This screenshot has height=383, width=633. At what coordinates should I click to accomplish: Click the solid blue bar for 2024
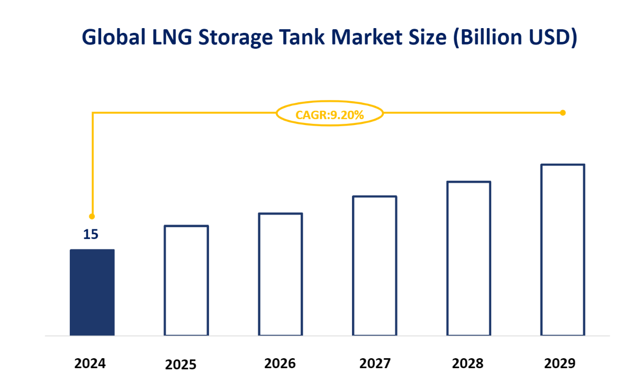coord(92,292)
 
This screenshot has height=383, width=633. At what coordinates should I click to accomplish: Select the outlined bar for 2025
coord(186,281)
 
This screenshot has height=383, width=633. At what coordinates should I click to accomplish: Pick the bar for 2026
coord(281,274)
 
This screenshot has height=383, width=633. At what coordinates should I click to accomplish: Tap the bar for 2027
coord(375,266)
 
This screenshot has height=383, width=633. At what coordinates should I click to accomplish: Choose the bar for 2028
coord(469,259)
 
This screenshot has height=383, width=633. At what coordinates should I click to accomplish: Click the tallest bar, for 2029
coord(563,250)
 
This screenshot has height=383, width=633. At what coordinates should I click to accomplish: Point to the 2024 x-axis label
coord(90,364)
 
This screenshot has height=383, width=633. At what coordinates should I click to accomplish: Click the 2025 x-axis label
coord(180,365)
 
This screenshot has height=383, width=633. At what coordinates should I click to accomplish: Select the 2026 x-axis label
coord(280,364)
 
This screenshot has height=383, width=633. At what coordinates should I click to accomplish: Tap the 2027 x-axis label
coord(375,364)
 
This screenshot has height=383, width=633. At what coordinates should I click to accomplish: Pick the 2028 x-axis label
coord(468,364)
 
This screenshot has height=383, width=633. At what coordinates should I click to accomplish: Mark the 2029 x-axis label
coord(559,364)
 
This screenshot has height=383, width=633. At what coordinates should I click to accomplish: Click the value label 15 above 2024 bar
coord(91,234)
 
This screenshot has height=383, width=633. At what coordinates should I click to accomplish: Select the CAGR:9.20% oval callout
coord(330,114)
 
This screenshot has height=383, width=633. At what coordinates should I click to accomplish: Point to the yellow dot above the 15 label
coord(92,216)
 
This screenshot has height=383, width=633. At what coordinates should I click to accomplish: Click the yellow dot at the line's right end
coord(563,112)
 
